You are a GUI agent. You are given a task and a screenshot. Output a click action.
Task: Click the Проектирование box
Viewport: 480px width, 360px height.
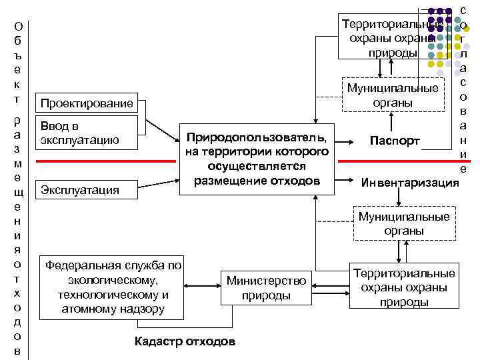click(87, 103)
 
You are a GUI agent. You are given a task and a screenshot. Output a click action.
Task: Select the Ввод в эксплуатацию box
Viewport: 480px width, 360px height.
click(87, 133)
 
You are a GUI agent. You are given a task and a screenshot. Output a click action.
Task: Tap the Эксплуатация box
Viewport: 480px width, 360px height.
click(87, 190)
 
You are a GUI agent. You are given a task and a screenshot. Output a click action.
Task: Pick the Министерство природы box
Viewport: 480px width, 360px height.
click(265, 289)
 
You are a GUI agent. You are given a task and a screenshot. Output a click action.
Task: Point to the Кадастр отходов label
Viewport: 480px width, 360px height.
click(185, 341)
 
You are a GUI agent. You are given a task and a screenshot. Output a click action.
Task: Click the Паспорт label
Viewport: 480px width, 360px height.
click(395, 141)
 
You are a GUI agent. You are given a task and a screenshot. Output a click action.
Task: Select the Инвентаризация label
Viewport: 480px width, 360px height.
click(409, 182)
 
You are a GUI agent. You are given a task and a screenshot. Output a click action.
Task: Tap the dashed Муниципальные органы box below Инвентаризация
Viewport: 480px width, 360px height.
click(403, 223)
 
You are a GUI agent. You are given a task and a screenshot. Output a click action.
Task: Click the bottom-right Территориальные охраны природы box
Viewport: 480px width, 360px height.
click(403, 288)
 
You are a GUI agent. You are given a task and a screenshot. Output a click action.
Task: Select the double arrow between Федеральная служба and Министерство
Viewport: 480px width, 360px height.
click(202, 288)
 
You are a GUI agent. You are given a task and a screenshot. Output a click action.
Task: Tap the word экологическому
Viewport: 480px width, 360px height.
click(113, 280)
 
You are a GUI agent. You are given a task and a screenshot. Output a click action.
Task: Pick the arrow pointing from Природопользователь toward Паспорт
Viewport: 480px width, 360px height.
click(345, 141)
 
